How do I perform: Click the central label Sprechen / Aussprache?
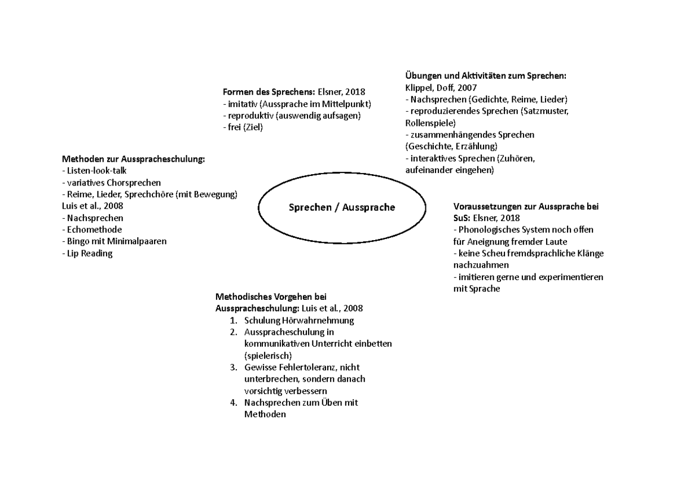click(342, 207)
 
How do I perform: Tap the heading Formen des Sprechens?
click(269, 91)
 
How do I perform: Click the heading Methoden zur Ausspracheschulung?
click(133, 159)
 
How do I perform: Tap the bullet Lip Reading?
click(89, 254)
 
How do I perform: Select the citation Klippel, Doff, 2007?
click(441, 87)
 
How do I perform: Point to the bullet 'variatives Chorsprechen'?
click(113, 183)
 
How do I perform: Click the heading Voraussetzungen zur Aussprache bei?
click(526, 206)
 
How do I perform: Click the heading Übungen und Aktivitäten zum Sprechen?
click(485, 76)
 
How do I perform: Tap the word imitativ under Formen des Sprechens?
click(243, 104)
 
